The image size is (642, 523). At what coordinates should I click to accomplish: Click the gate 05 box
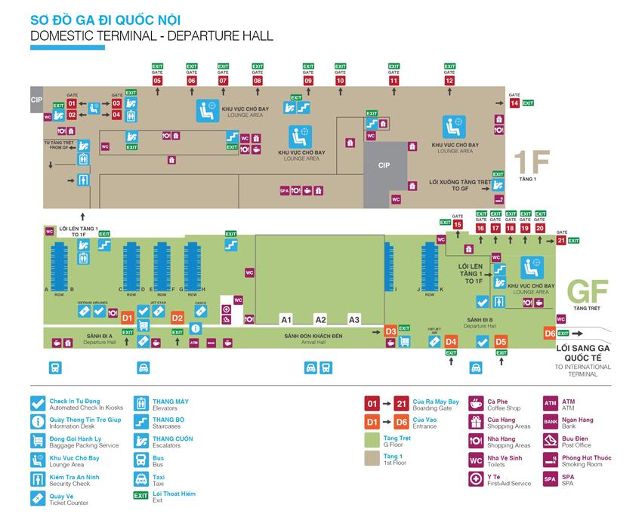(x=158, y=80)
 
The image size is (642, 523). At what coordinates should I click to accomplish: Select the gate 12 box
(x=449, y=80)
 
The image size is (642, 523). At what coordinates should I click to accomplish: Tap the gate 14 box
(x=515, y=103)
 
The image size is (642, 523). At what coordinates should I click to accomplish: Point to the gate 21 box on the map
(x=560, y=241)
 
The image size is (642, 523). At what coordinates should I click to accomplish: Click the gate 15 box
(x=458, y=224)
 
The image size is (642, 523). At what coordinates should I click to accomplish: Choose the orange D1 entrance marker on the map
(x=128, y=318)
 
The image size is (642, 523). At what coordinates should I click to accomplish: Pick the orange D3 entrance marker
(x=390, y=331)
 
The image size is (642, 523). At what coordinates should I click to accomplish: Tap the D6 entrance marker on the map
(x=550, y=333)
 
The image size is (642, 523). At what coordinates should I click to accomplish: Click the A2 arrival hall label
(x=320, y=319)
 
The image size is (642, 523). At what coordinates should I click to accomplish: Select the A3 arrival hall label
(x=354, y=319)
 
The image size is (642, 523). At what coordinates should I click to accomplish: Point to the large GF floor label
(x=588, y=291)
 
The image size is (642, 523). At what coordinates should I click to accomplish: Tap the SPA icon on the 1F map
(x=285, y=190)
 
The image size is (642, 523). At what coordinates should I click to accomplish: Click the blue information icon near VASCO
(x=196, y=328)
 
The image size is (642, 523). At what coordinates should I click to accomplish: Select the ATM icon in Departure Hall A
(x=193, y=342)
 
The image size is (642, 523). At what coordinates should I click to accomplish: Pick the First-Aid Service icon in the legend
(x=476, y=478)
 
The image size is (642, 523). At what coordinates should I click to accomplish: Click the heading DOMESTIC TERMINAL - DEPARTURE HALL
(x=151, y=35)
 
